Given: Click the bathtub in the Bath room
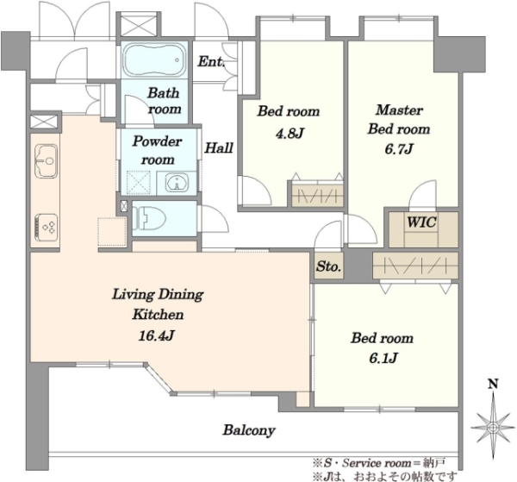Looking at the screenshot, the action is pos(154,59).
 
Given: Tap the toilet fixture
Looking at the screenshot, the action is pos(149,218).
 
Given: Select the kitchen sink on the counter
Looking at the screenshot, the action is pos(46,161).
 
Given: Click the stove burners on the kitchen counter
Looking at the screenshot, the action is pos(46,227).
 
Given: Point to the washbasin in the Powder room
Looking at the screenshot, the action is pos(177,183).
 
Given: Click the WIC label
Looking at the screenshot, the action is pos(421,222).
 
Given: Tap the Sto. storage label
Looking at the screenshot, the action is pos(329,266).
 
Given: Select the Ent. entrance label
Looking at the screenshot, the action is pos(211,62).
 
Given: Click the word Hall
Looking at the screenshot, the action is pos(219,147).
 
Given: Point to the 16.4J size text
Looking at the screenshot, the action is pos(156,336).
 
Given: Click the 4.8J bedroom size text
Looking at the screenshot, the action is pos(290,134).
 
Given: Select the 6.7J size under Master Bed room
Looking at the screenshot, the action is pos(399,149).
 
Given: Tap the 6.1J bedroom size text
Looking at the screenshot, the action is pos(383,358).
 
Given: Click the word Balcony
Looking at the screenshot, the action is pos(249,430).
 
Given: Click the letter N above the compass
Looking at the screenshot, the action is pos(493,384).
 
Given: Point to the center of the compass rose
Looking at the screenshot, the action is pos(493,428).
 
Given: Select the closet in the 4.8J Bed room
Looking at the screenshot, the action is pos(317,197).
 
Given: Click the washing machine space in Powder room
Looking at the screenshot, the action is pos(139,183).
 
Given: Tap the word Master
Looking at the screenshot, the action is pos(399,110).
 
